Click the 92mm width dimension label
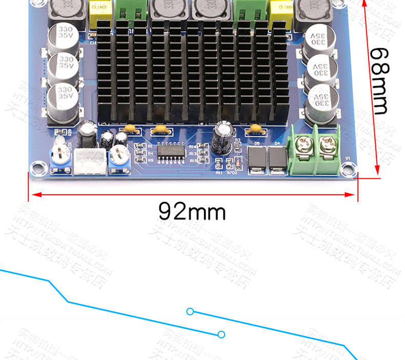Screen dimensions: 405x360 coord(192,210)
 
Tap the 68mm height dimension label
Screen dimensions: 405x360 coord(380,80)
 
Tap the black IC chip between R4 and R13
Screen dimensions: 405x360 coord(171,152)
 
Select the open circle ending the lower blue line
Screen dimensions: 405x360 coord(221,334)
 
